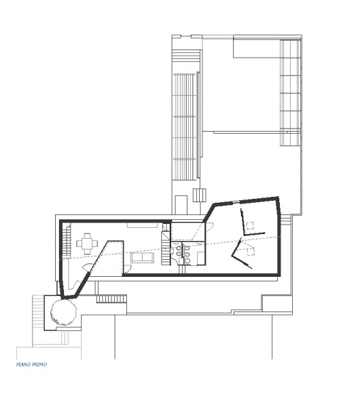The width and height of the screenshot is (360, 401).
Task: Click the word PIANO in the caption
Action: pyautogui.click(x=23, y=364)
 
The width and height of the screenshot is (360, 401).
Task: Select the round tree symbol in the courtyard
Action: pyautogui.click(x=63, y=312)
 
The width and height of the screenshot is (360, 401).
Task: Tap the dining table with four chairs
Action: pyautogui.click(x=87, y=244)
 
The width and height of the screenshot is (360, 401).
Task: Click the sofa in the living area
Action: pyautogui.click(x=143, y=257)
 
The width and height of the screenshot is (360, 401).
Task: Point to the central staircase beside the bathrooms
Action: pyautogui.click(x=166, y=248)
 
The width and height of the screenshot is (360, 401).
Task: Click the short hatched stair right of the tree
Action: pyautogui.click(x=111, y=299)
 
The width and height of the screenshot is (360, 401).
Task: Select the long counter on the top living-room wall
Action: pyautogui.click(x=143, y=225)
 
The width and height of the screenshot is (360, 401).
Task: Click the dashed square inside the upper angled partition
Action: pyautogui.click(x=250, y=225)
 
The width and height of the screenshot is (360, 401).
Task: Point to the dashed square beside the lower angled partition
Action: pyautogui.click(x=251, y=252)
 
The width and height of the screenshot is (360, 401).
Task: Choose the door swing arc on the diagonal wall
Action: pyautogui.click(x=88, y=266)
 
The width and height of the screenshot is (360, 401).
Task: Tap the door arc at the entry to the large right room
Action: pyautogui.click(x=209, y=227)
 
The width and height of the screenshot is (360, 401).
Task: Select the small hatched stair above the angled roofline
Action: pyautogui.click(x=200, y=195)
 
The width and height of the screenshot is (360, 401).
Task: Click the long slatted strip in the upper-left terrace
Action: pyautogui.click(x=185, y=126)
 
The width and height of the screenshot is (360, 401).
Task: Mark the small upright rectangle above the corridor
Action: pyautogui.click(x=181, y=205)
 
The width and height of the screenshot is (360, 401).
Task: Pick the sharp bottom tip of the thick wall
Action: pyautogui.click(x=62, y=298)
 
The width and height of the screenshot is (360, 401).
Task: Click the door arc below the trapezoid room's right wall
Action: pyautogui.click(x=128, y=268)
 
